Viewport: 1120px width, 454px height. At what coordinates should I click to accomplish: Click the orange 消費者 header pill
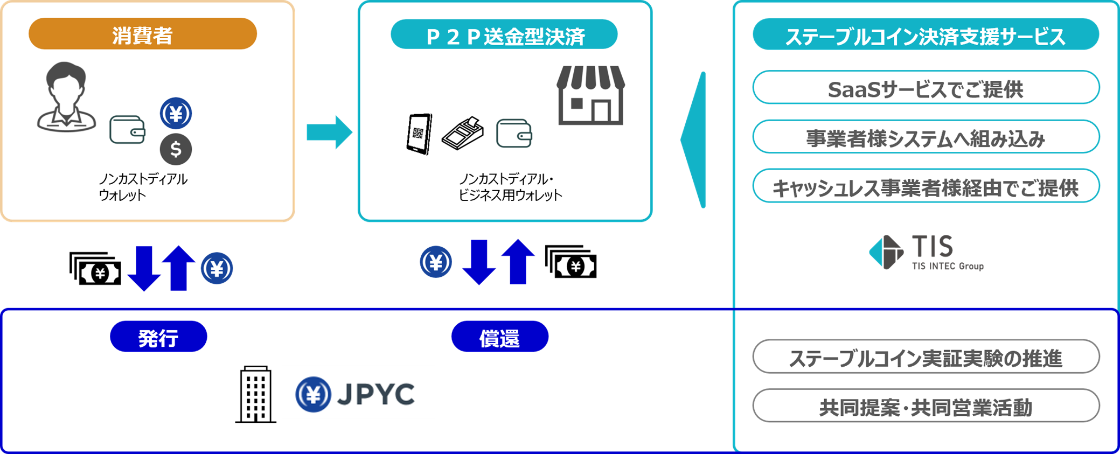143,34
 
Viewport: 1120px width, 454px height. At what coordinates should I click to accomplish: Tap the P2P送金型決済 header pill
504,35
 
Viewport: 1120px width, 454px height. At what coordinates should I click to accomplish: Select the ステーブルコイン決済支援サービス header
925,35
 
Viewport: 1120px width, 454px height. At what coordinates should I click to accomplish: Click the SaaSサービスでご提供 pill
925,88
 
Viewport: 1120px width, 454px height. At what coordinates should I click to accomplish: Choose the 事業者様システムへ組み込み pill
925,137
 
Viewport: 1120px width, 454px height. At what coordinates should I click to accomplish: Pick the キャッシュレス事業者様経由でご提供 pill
925,186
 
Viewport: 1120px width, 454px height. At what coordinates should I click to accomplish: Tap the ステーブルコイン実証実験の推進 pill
925,357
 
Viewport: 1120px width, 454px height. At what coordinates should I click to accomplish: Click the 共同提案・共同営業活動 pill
925,406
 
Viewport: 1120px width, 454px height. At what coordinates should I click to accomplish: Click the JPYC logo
358,392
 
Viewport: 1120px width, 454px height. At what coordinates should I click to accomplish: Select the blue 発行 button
158,337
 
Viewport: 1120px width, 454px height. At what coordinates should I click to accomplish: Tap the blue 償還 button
499,337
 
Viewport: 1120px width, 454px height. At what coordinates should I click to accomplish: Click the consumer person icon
66,97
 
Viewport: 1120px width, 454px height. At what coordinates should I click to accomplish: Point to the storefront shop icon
590,95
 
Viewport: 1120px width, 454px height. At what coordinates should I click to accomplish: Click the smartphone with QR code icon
419,134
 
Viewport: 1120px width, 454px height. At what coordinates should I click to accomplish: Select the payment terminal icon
462,133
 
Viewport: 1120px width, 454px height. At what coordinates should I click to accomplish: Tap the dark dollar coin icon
176,149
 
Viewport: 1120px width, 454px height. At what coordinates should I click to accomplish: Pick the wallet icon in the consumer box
127,130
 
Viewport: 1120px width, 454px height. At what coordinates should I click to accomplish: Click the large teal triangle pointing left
694,139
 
